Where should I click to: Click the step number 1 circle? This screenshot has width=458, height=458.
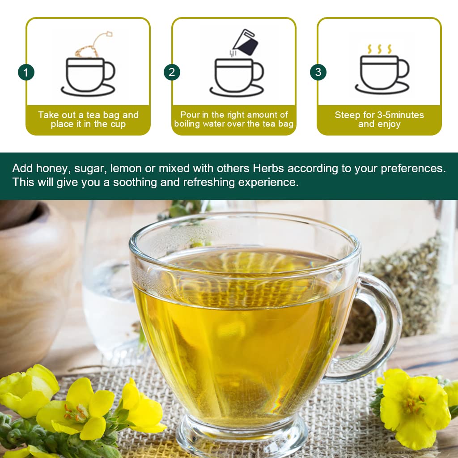coord(26,72)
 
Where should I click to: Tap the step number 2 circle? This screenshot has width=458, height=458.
coord(172,72)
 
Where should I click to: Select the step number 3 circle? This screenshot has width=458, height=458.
coord(318,72)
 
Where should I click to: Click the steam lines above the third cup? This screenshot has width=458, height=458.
coord(379,49)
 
